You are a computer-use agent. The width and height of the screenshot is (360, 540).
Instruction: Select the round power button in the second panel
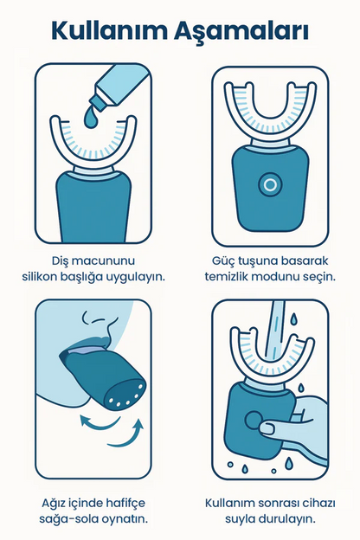270,185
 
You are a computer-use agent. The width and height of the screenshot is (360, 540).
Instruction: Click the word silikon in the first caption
40,277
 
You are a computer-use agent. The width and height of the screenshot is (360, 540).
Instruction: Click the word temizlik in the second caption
226,277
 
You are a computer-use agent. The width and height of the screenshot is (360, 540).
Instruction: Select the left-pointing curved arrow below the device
100,422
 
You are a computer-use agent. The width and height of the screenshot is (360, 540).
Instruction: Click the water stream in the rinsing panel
276,331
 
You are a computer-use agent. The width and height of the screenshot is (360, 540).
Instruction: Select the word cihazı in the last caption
318,503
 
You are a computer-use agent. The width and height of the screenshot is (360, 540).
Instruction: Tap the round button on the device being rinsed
254,421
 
